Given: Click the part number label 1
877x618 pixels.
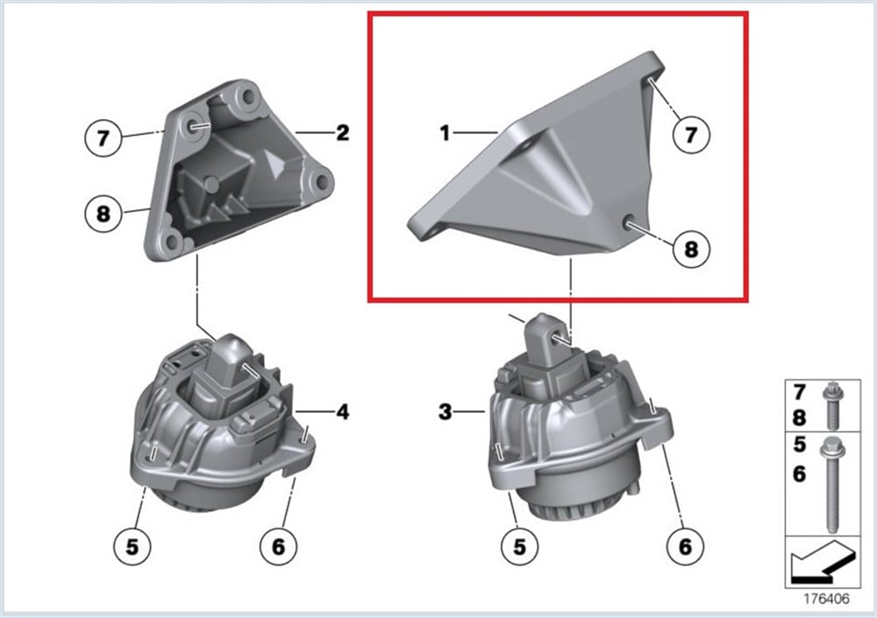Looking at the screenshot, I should pyautogui.click(x=446, y=133).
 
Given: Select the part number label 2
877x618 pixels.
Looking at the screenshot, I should pyautogui.click(x=342, y=133).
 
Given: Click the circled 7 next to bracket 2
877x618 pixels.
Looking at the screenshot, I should pyautogui.click(x=103, y=139).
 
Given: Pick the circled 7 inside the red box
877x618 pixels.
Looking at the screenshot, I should pyautogui.click(x=690, y=134).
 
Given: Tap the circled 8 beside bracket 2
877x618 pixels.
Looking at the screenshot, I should pyautogui.click(x=103, y=213).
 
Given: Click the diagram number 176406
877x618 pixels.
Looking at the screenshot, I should pyautogui.click(x=819, y=602).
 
